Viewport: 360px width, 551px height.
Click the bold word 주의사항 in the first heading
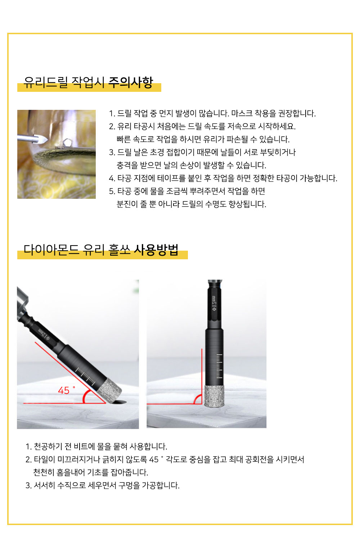click(131, 82)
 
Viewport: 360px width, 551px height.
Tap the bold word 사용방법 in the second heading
click(156, 250)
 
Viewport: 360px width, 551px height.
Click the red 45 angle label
click(64, 390)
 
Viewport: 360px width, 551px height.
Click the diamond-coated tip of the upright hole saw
click(214, 396)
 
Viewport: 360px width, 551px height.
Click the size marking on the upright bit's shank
click(214, 303)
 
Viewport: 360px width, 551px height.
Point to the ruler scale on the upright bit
click(219, 366)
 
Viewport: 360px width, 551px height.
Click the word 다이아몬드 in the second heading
click(51, 250)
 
